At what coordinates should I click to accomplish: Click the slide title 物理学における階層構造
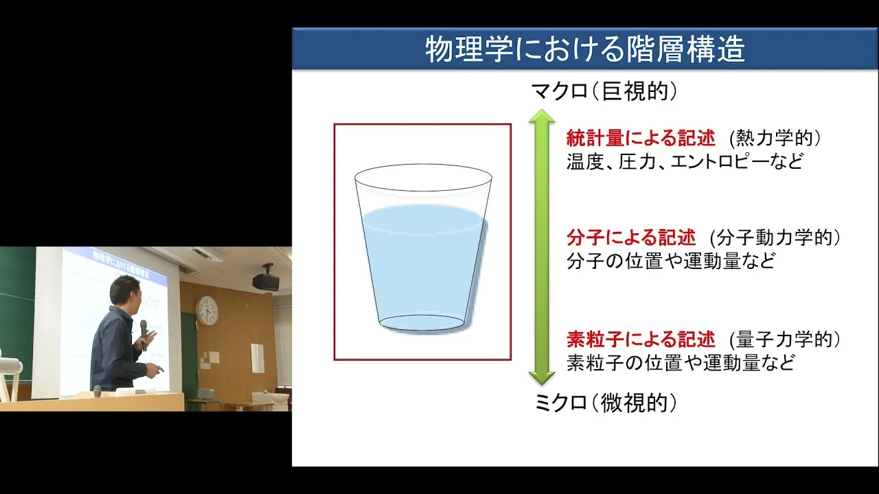(585, 49)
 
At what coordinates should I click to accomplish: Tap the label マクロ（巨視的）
(604, 92)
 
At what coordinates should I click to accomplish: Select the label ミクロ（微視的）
(606, 403)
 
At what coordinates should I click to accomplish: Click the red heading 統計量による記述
(641, 138)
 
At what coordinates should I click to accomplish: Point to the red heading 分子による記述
(631, 237)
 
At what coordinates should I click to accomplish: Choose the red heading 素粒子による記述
(641, 340)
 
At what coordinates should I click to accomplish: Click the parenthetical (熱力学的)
(775, 139)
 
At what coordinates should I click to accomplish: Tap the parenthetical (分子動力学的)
(775, 238)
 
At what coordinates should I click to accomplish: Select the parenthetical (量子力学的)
(785, 340)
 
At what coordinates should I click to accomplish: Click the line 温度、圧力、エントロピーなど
(685, 161)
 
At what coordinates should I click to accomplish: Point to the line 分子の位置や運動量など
(671, 261)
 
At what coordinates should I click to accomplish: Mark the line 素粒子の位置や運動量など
(681, 363)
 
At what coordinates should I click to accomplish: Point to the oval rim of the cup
(423, 165)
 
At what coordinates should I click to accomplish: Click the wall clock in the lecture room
(207, 311)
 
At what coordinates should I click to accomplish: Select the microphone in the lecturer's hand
(144, 334)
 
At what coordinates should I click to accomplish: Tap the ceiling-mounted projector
(266, 280)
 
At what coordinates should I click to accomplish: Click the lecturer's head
(125, 292)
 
